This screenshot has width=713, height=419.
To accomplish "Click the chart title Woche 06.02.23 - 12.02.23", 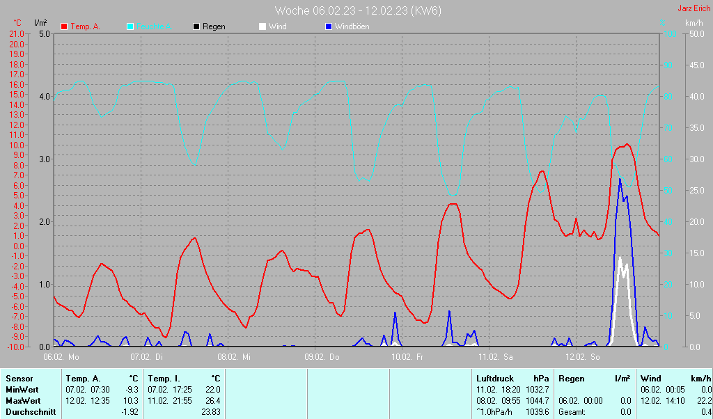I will click(x=358, y=10).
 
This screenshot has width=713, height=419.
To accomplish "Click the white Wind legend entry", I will click(x=277, y=26).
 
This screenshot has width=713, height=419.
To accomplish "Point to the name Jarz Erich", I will click(x=694, y=8).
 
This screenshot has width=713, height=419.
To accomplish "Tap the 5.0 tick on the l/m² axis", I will click(x=45, y=33).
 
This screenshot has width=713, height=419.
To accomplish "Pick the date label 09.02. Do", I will click(x=323, y=357).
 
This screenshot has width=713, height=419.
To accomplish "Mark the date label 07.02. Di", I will click(x=147, y=357).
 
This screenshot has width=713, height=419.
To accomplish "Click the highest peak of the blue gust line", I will click(x=620, y=179).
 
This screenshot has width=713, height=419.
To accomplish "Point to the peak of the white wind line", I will click(x=620, y=257).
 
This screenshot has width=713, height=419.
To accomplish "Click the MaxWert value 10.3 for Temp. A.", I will click(x=132, y=401).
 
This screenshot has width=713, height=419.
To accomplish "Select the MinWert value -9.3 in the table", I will click(x=132, y=390).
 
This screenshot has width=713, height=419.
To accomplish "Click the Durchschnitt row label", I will click(x=31, y=412).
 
